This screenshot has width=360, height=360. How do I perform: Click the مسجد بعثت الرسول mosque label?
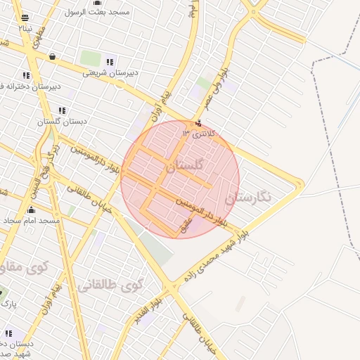pyautogui.click(x=97, y=12)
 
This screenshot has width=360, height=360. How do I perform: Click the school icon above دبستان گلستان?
pyautogui.click(x=62, y=110)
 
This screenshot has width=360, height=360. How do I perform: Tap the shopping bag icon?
pyautogui.click(x=53, y=56)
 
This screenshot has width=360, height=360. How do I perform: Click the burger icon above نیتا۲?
pyautogui.click(x=25, y=18)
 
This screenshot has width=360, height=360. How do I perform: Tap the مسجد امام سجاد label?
pyautogui.click(x=31, y=221)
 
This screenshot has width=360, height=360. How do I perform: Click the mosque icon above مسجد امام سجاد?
pyautogui.click(x=31, y=210)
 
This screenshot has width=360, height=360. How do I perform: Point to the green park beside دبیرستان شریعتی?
pyautogui.click(x=90, y=58)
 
